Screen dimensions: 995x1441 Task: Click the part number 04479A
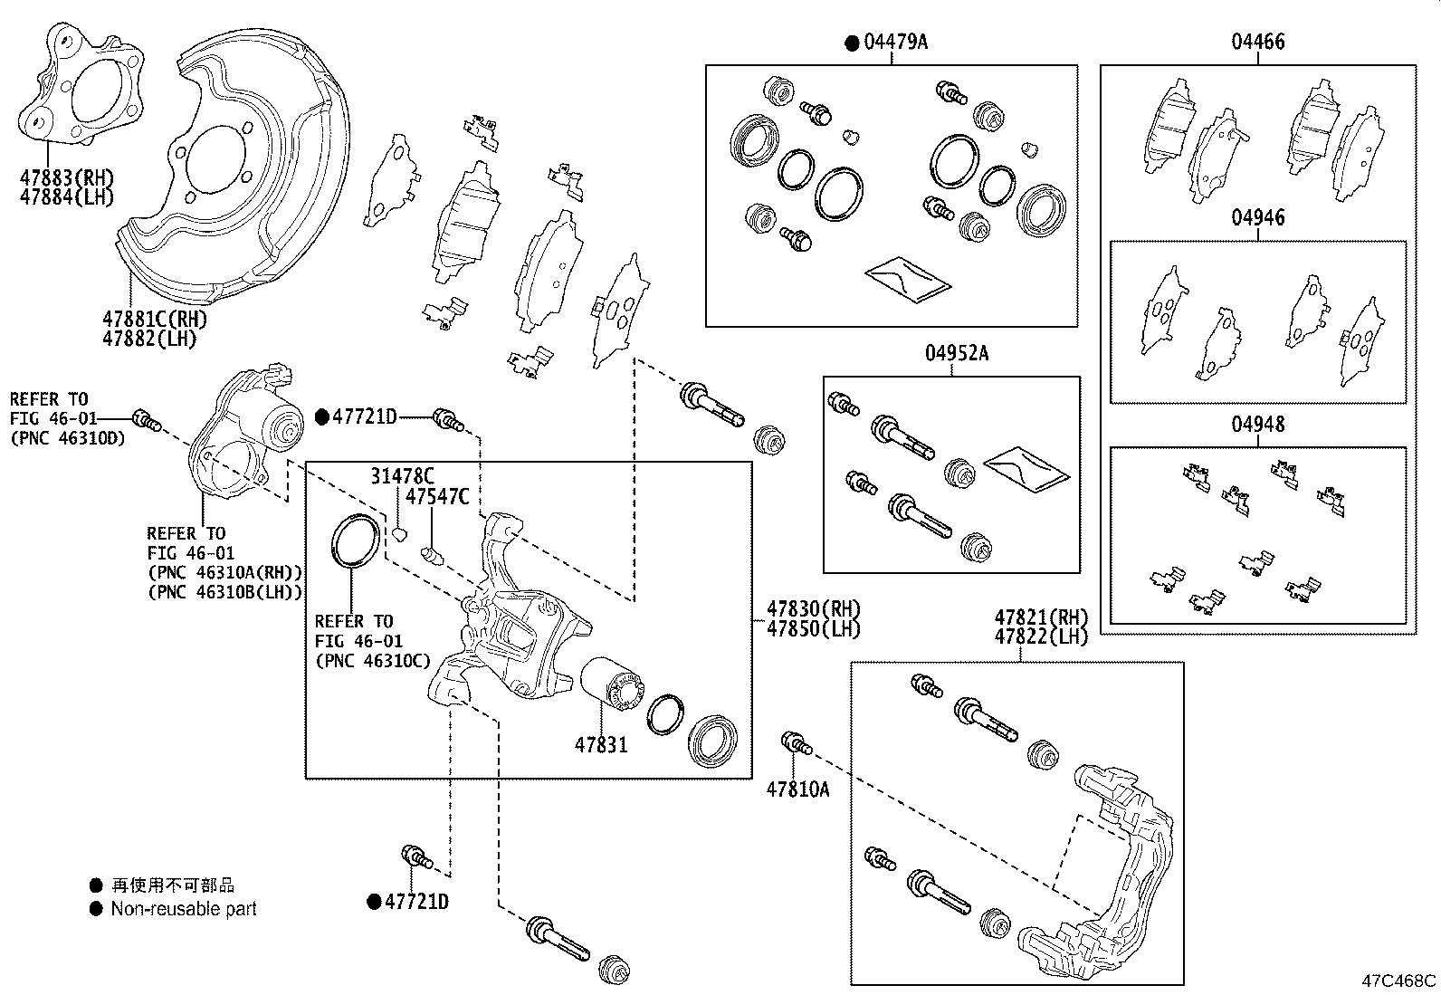895,43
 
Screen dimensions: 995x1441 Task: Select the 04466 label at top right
1257,42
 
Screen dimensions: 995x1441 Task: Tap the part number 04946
1257,217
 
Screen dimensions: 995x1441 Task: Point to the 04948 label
1257,424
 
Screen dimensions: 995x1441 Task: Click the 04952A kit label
956,353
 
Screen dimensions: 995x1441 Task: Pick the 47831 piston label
600,745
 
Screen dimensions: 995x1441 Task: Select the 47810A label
797,789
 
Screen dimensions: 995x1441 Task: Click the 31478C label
402,475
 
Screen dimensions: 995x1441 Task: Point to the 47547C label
436,496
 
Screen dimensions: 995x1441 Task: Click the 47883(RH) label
67,177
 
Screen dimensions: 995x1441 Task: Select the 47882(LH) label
148,339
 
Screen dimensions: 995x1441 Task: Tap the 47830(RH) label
813,608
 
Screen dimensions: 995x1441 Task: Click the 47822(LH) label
1040,636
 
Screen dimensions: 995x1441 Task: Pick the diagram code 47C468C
1399,981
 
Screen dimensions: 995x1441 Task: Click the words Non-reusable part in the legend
183,909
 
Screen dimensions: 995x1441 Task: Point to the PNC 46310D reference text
66,438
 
